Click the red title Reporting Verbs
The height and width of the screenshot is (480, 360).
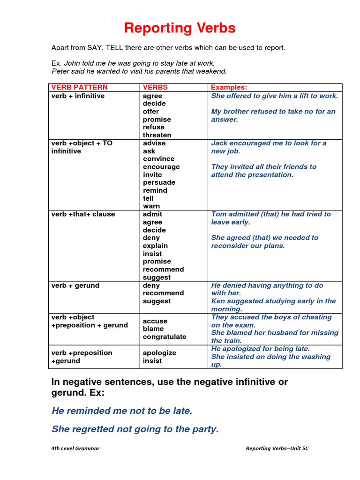[180, 28]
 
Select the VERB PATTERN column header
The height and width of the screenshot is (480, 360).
[79, 88]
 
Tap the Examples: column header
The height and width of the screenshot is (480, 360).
[229, 88]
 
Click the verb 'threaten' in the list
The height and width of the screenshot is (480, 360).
[157, 135]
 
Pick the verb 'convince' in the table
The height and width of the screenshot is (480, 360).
[158, 159]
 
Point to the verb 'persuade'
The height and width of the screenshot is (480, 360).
[159, 182]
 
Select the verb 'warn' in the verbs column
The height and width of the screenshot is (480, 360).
[151, 206]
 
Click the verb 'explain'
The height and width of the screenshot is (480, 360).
[155, 246]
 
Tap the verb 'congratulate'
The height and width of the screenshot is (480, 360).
[165, 337]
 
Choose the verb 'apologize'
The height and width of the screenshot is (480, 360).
[159, 353]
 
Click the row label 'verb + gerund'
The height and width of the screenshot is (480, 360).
[75, 285]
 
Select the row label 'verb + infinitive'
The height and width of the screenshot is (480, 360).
[78, 96]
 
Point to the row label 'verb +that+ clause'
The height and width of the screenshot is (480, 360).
[83, 214]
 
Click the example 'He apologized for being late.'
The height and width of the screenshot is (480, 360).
[261, 349]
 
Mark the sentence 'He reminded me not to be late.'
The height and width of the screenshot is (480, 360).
[122, 411]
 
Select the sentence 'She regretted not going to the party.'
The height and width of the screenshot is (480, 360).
[135, 429]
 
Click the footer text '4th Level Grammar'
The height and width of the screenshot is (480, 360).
[75, 449]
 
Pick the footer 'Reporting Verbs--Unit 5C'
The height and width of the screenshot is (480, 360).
[277, 449]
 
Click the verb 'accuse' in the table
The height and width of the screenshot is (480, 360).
[155, 321]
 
